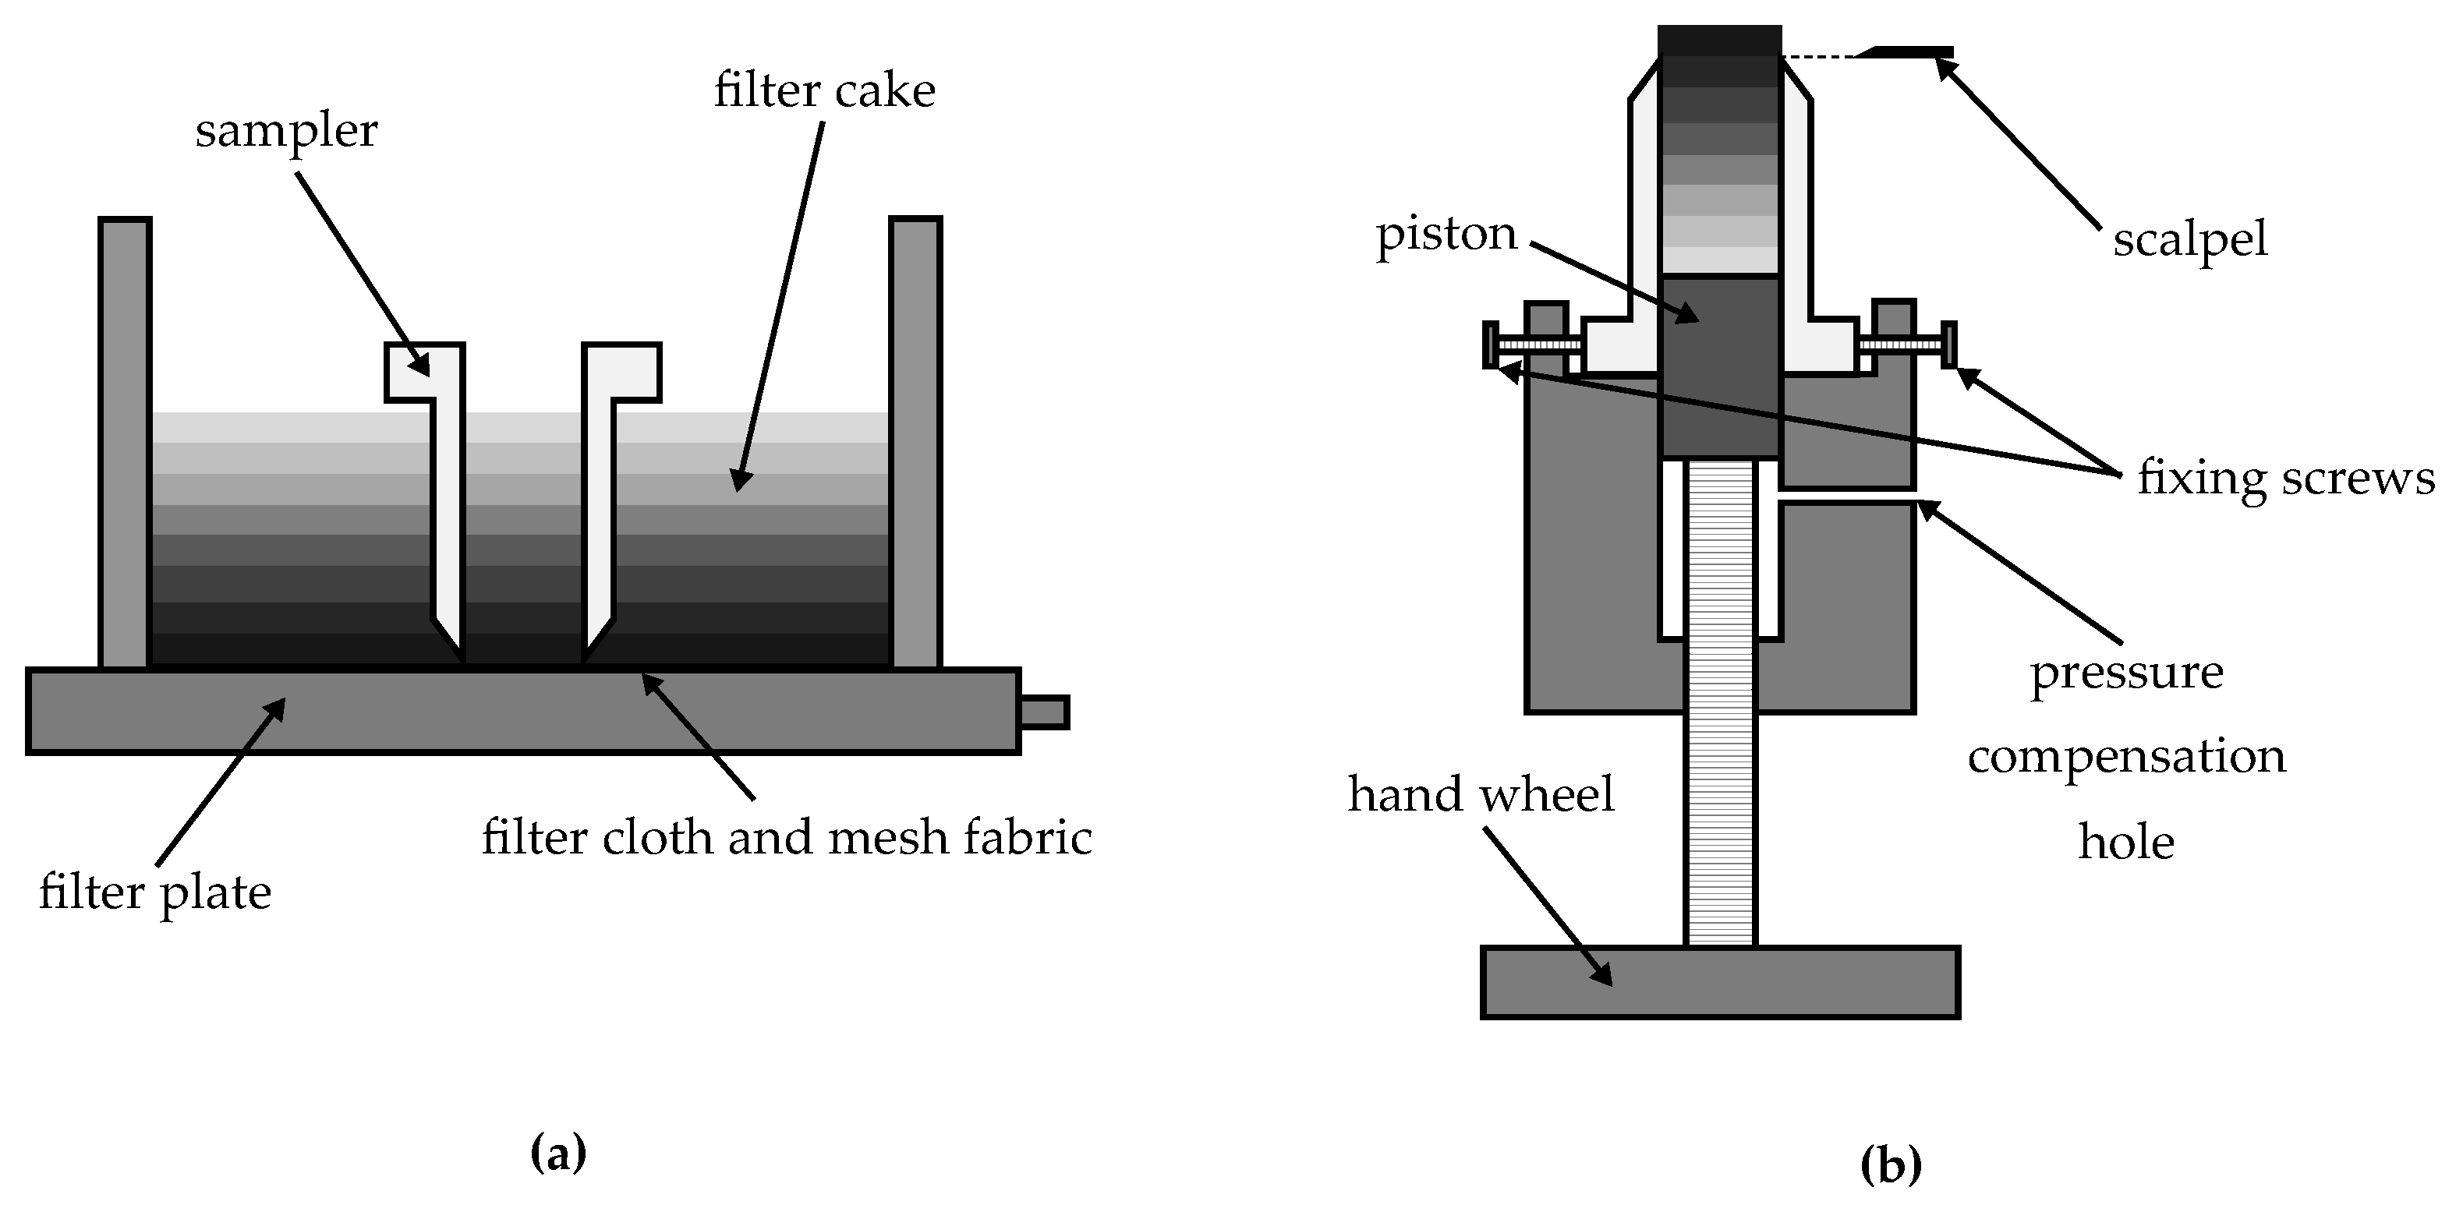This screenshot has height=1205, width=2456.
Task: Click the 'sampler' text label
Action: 286,131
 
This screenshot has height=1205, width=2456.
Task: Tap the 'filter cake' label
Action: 824,91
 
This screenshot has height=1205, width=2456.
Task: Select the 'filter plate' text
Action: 154,893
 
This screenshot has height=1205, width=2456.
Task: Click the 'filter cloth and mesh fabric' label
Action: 786,838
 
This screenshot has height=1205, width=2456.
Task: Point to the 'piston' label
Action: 1446,234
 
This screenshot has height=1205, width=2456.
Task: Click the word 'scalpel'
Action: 2189,239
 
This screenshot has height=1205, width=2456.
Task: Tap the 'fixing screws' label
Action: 2285,478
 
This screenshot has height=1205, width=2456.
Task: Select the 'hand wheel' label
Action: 1480,794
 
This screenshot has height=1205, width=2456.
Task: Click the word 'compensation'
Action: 2126,757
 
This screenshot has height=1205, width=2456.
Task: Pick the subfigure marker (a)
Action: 557,1153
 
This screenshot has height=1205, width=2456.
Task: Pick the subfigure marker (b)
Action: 1891,1165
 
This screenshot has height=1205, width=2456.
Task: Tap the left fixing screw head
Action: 1489,345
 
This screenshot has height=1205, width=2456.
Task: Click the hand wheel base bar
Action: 1720,982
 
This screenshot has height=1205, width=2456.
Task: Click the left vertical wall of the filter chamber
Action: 125,443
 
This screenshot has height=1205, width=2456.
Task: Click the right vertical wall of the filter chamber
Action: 915,443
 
